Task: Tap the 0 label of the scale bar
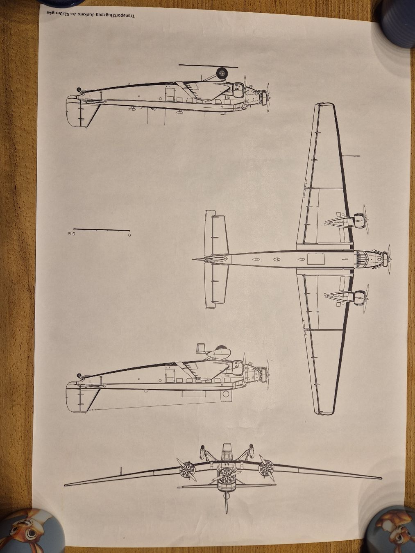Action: point(129,235)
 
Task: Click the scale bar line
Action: point(102,230)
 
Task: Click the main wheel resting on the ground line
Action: point(222,73)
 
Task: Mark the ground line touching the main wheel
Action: point(208,66)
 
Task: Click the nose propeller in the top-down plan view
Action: point(389,259)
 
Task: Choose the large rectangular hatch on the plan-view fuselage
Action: point(316,259)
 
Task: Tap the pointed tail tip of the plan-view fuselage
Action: point(193,259)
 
